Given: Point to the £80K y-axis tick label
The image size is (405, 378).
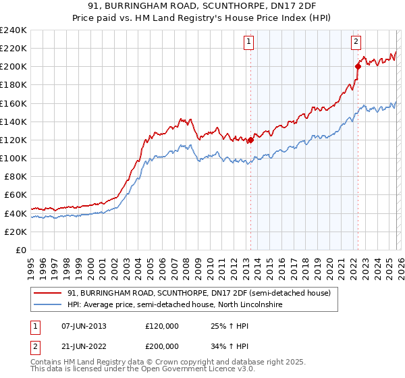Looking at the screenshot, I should pos(15,176).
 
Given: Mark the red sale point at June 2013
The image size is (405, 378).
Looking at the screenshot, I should pos(250,140).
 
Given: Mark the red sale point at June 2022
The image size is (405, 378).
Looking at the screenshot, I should pos(358,66).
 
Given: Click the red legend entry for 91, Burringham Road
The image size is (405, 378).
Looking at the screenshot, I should pos(198,294).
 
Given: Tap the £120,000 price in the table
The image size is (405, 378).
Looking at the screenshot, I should pos(163,326).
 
